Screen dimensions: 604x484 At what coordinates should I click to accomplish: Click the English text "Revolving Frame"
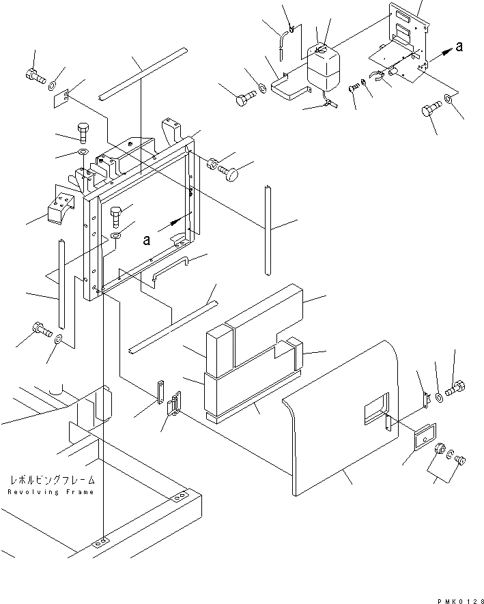point(51,493)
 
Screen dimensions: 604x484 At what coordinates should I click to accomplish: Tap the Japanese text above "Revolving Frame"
point(51,480)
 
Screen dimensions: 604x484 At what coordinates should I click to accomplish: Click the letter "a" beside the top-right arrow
point(459,46)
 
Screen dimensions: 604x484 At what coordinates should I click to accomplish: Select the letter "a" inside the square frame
point(146,239)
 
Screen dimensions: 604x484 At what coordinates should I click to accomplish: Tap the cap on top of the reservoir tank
point(320,48)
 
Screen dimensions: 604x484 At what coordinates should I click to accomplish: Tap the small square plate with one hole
point(63,99)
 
